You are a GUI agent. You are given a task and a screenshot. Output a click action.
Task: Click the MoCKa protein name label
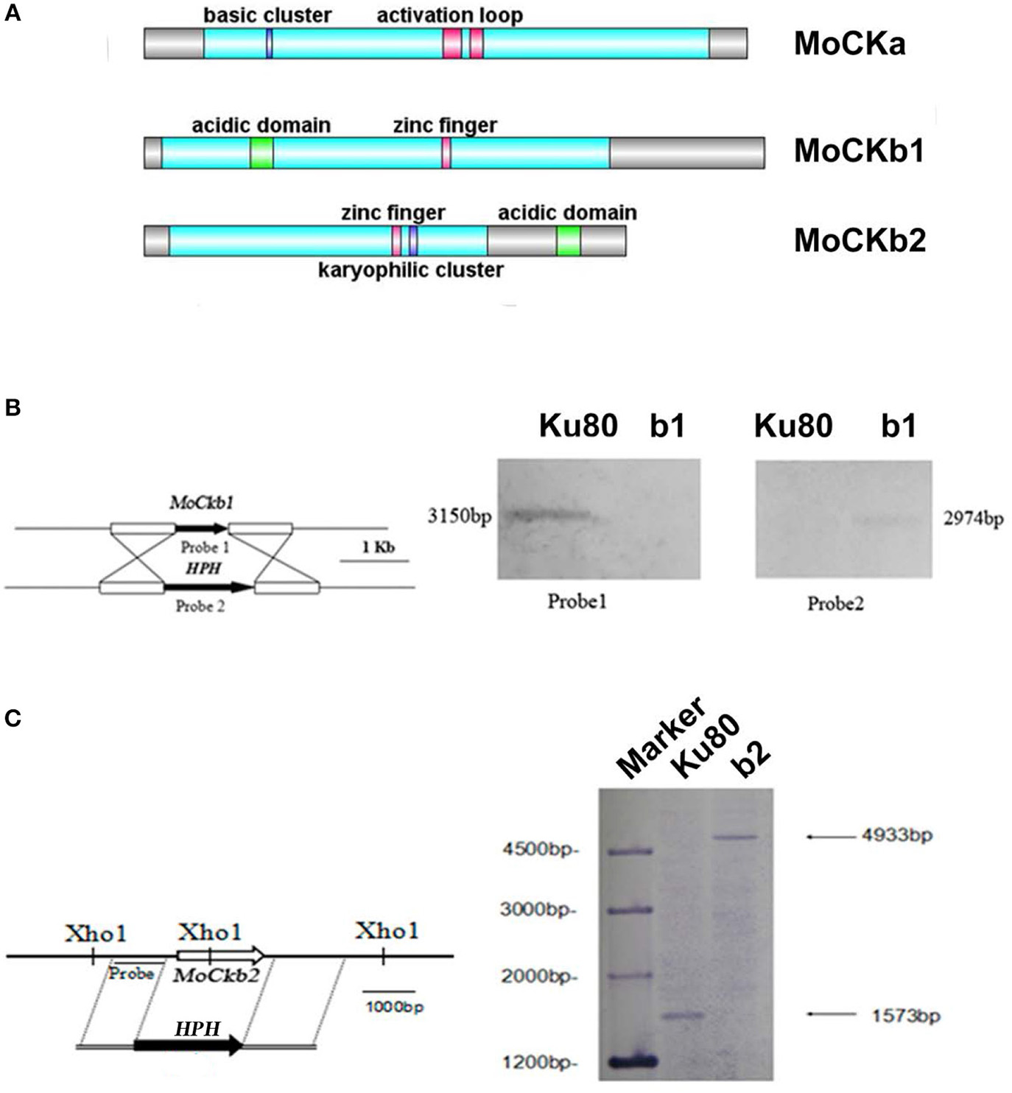(x=849, y=44)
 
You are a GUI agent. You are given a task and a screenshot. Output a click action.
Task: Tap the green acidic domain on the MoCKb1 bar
(x=261, y=152)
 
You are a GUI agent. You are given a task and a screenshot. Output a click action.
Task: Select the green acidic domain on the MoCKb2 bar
(x=568, y=241)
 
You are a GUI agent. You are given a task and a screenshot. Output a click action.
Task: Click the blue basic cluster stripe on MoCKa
(x=270, y=43)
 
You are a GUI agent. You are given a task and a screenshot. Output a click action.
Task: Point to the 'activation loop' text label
(x=449, y=15)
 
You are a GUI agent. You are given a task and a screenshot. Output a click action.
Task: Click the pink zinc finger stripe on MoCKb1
(x=446, y=152)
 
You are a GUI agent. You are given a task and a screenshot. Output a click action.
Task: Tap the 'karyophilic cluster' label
(x=410, y=270)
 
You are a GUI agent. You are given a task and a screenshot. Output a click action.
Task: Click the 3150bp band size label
(x=459, y=516)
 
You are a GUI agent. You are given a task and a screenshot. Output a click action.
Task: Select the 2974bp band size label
(x=971, y=519)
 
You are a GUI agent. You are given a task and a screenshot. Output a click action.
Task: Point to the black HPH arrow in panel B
(x=207, y=587)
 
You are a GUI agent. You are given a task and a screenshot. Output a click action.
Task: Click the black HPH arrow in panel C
(x=189, y=1044)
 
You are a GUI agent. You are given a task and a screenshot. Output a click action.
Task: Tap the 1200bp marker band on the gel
(x=630, y=1061)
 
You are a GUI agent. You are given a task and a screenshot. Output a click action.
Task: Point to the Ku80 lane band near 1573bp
(x=683, y=1016)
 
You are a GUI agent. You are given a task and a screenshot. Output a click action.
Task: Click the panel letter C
(x=13, y=718)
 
